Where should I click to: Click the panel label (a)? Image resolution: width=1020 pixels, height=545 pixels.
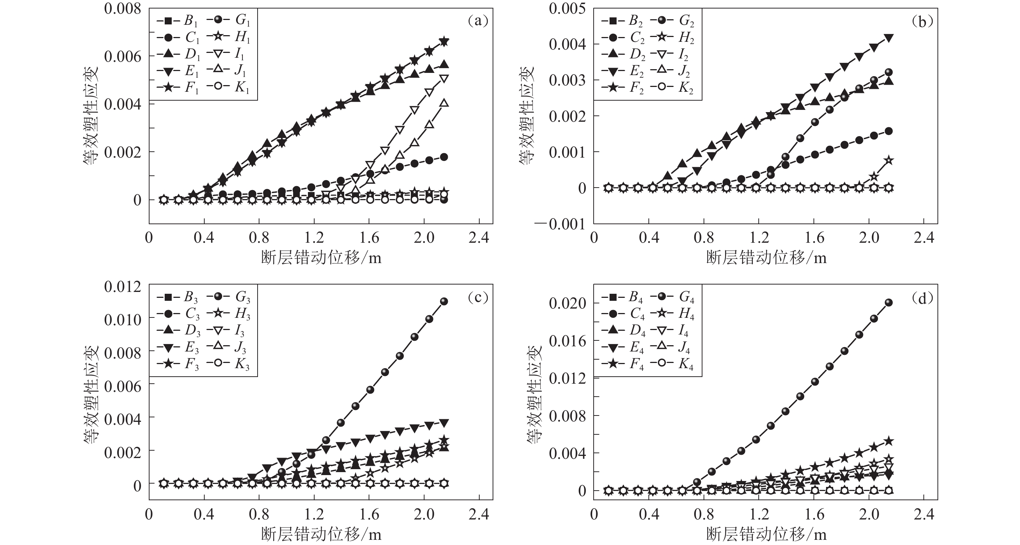click(x=478, y=21)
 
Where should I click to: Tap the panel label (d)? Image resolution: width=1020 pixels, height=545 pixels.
click(x=923, y=298)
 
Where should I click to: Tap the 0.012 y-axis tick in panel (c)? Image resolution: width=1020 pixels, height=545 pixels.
click(x=123, y=286)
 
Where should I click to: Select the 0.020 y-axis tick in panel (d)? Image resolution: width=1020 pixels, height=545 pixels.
click(x=567, y=303)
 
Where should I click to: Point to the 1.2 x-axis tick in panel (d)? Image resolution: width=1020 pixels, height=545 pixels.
click(x=759, y=514)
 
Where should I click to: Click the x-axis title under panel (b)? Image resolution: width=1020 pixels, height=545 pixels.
click(x=766, y=258)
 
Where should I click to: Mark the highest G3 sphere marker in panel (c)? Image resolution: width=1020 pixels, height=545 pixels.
click(x=444, y=301)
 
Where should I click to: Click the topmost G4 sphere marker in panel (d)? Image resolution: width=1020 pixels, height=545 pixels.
click(x=889, y=303)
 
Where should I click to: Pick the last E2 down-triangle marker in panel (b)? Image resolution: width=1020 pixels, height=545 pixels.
click(x=889, y=38)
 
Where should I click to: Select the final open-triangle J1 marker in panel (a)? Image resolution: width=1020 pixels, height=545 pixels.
click(x=444, y=103)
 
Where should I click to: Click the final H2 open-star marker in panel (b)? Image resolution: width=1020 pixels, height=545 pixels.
click(x=889, y=160)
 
